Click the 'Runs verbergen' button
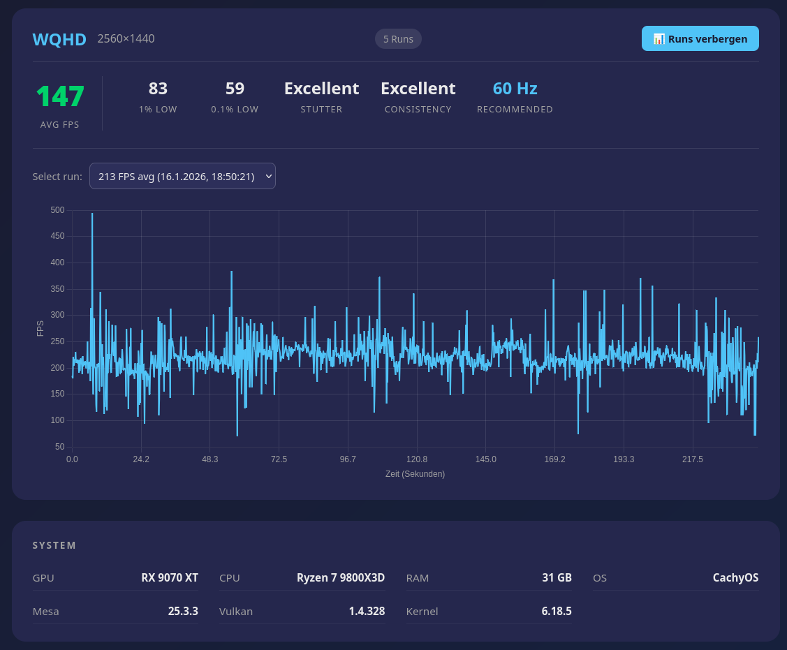[x=700, y=38]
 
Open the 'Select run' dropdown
[x=182, y=176]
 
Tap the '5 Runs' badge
[x=398, y=39]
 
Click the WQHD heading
[x=59, y=39]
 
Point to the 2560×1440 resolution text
[x=126, y=38]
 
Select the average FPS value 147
[x=60, y=96]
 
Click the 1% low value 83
[x=158, y=89]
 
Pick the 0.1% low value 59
[x=235, y=89]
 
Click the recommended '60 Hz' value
[x=515, y=89]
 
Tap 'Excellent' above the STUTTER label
[x=321, y=89]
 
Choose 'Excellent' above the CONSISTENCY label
[x=418, y=89]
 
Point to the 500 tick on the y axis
[x=57, y=210]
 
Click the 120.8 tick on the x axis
[x=417, y=459]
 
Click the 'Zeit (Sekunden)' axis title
[x=415, y=473]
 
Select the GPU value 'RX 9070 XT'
[x=170, y=577]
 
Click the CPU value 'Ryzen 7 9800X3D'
[x=341, y=577]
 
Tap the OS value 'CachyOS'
[x=735, y=577]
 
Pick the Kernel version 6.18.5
[x=557, y=611]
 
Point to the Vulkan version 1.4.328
[x=367, y=611]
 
